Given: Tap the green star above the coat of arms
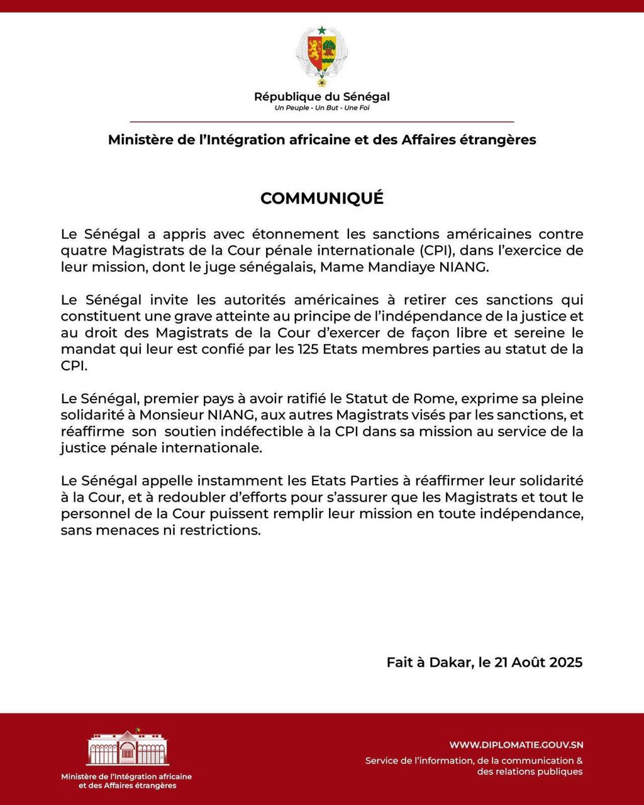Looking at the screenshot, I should (x=321, y=30).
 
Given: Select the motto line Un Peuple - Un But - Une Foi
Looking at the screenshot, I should (x=321, y=108).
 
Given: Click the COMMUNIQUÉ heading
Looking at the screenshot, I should (x=321, y=198).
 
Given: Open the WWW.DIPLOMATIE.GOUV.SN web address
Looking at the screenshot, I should (x=516, y=745).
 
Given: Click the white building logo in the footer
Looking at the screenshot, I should (x=128, y=748).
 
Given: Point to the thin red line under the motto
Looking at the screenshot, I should (x=321, y=121).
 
